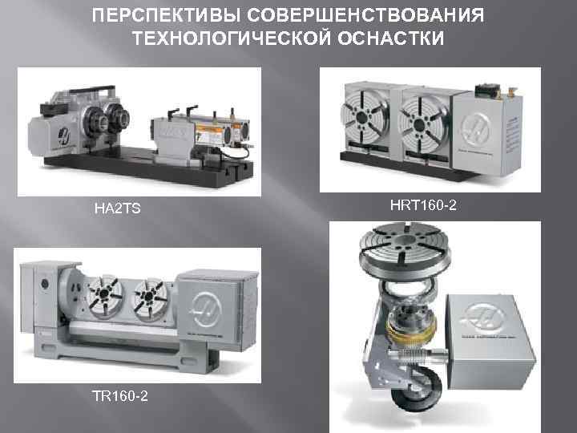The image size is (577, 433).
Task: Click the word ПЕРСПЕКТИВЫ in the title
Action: tap(166, 15)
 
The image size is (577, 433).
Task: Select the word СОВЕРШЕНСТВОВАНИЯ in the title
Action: tap(365, 15)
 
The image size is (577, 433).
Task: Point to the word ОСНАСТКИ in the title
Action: tap(391, 38)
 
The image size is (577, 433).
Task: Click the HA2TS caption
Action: tap(117, 208)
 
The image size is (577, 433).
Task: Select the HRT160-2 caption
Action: tap(423, 205)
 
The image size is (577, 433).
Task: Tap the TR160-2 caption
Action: tap(120, 396)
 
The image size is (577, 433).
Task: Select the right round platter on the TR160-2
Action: tap(149, 295)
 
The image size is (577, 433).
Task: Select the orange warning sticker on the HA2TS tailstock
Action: tap(210, 132)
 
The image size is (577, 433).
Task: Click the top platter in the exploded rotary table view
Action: tap(405, 248)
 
